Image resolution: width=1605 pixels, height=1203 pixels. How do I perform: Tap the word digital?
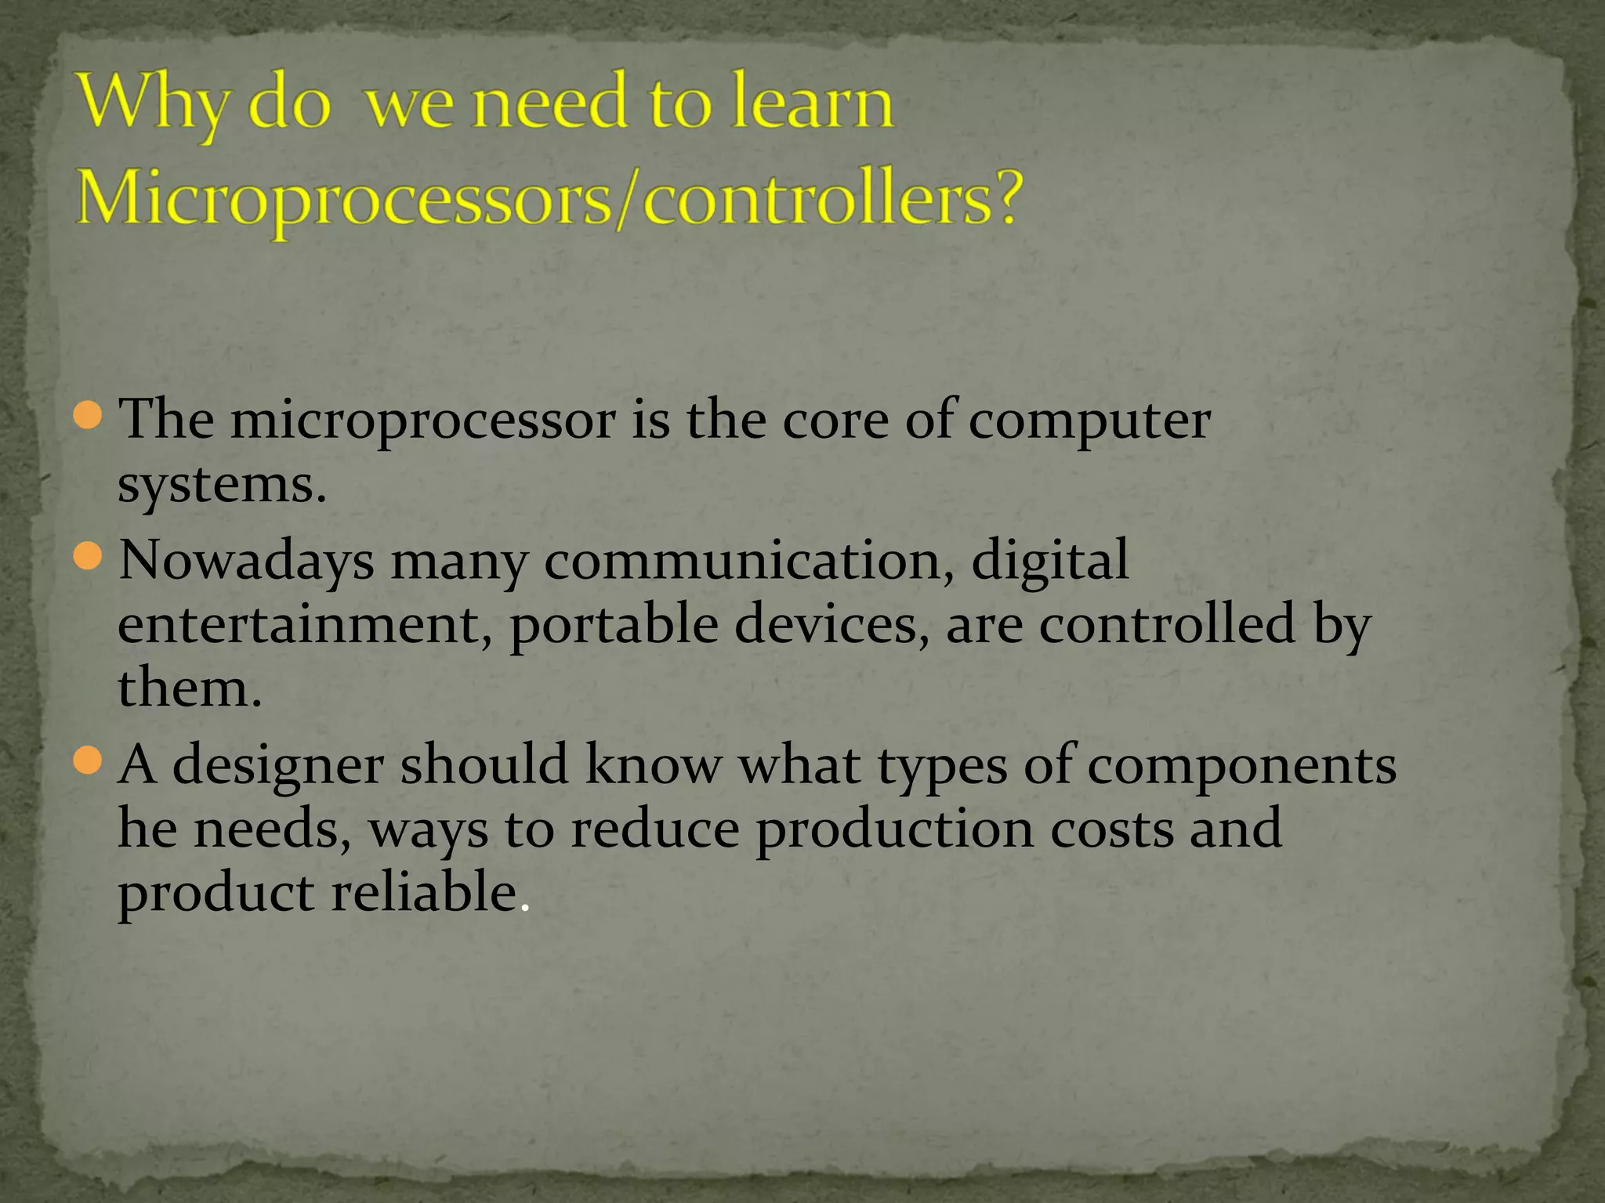[x=1050, y=562]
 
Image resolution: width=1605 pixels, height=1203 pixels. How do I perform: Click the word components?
[x=1241, y=767]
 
